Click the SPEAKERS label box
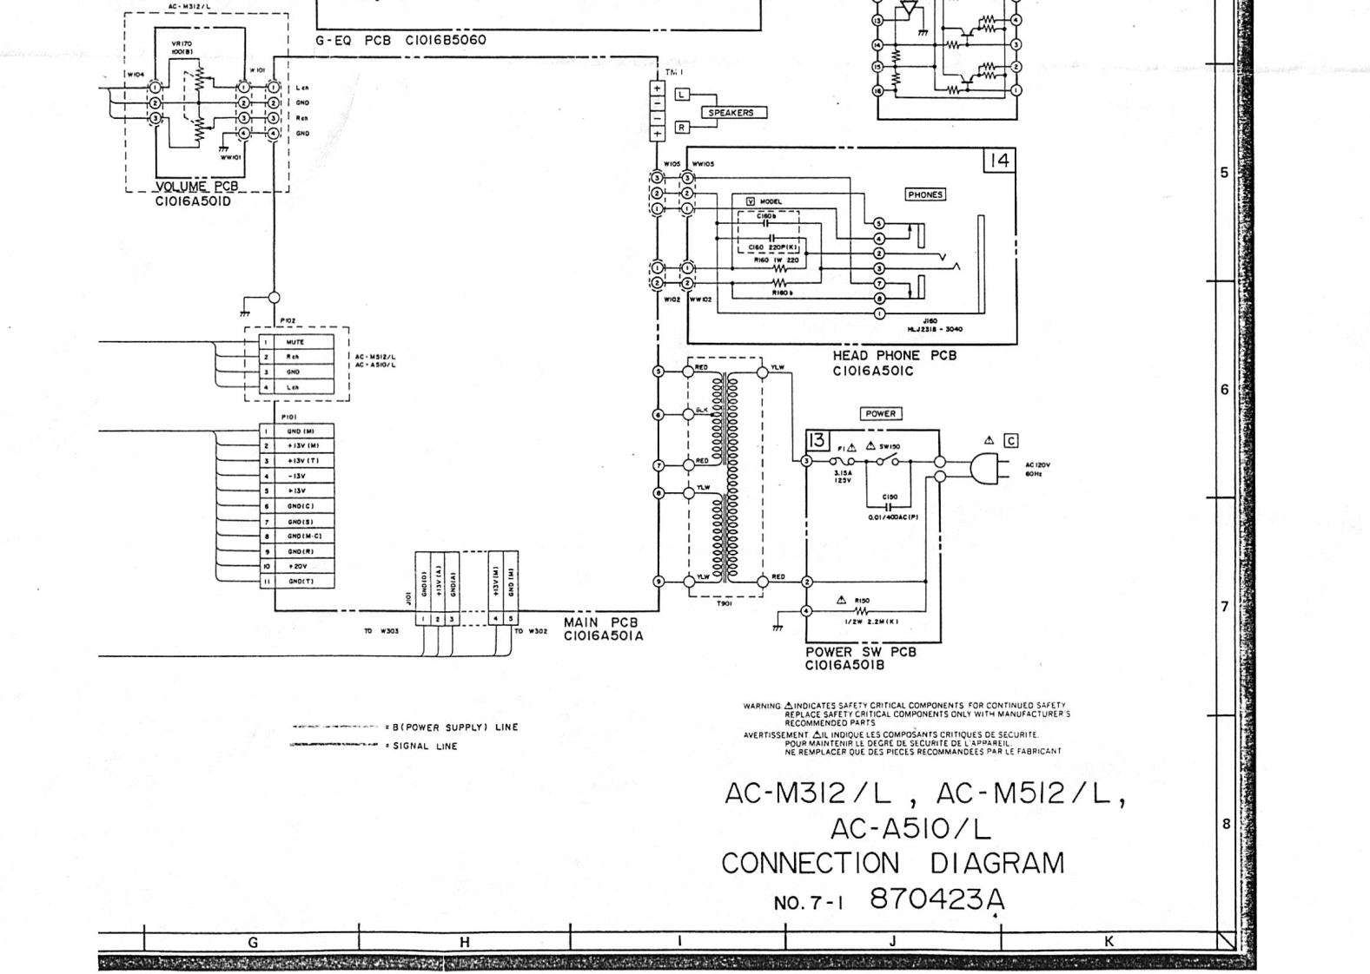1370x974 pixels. (731, 113)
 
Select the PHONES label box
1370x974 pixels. (924, 195)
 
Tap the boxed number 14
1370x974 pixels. (999, 161)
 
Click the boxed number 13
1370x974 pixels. (817, 440)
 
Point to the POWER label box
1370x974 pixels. (880, 414)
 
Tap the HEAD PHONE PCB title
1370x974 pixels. (894, 356)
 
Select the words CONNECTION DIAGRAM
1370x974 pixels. (892, 864)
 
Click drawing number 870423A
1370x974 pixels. (936, 899)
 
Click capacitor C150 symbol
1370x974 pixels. (888, 505)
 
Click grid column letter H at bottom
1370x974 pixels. (465, 942)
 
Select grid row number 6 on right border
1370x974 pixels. (1225, 390)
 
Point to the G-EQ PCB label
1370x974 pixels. (400, 40)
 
